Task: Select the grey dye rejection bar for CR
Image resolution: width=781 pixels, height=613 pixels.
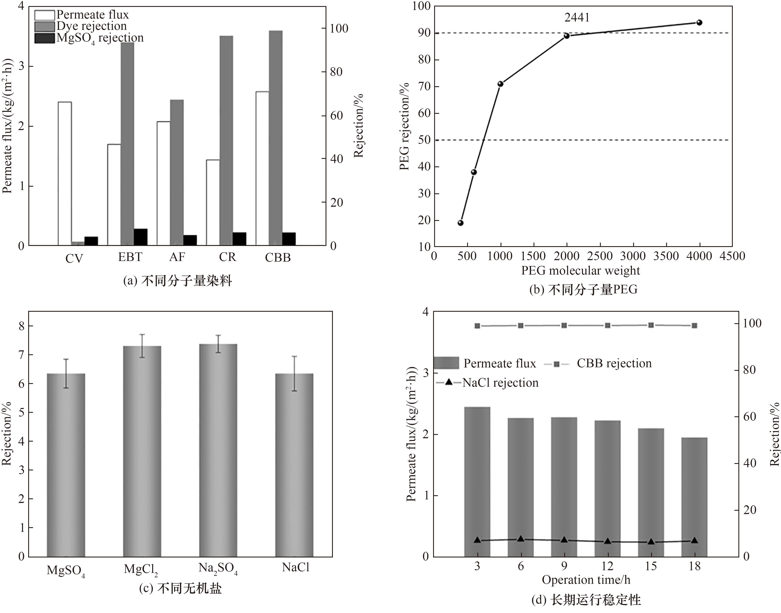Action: [x=226, y=141]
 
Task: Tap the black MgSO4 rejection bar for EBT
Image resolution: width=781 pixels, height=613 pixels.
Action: [x=140, y=237]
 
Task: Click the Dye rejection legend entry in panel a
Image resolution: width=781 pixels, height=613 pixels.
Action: [x=81, y=26]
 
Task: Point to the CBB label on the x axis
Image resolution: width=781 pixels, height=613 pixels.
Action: [x=278, y=258]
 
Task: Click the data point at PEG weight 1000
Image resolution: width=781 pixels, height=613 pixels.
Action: [x=500, y=84]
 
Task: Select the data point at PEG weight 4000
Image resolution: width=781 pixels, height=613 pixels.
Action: [x=699, y=23]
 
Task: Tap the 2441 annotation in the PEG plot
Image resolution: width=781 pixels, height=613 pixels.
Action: [x=577, y=18]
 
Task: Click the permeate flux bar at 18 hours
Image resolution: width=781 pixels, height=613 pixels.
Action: [x=694, y=497]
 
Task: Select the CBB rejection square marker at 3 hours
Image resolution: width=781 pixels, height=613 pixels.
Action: [x=477, y=326]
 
